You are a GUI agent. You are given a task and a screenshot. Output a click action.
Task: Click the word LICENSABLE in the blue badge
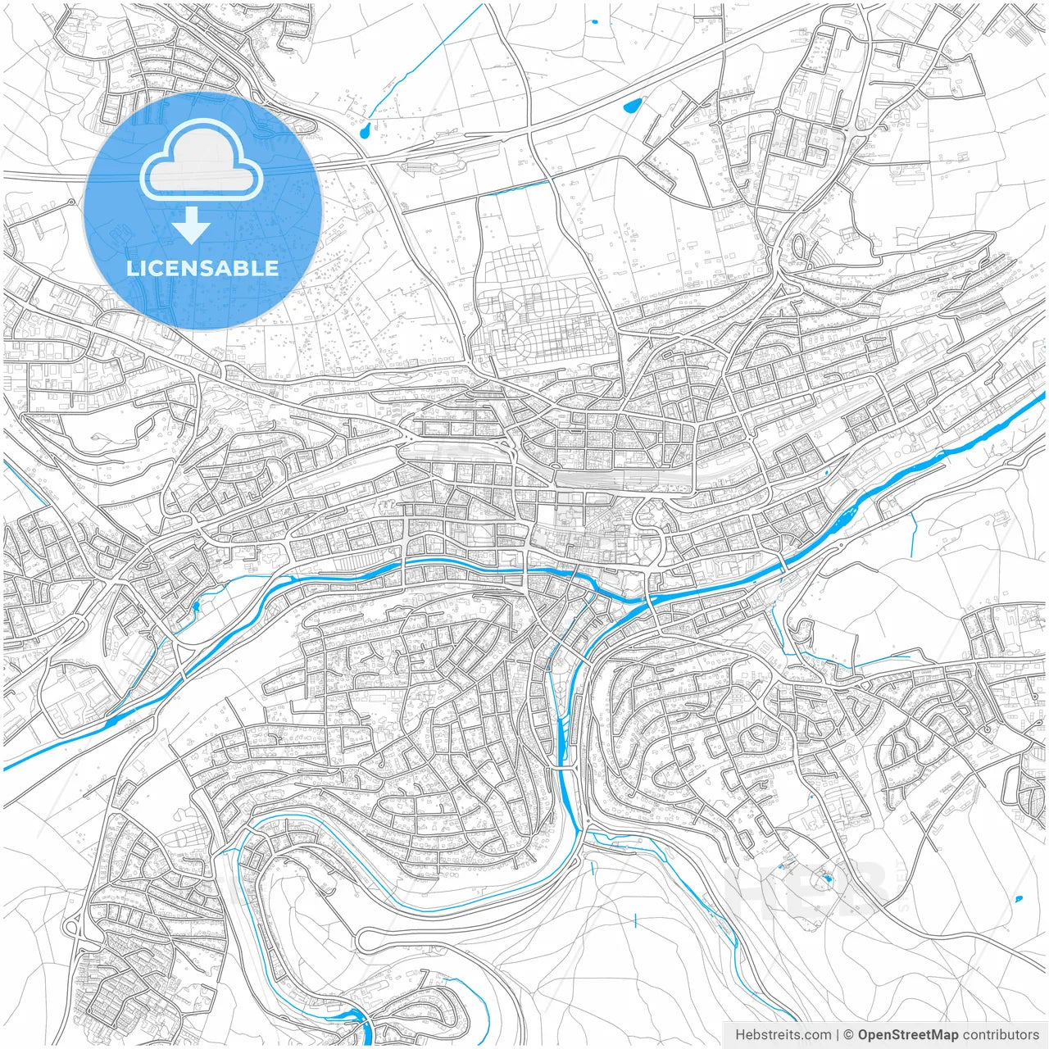202,268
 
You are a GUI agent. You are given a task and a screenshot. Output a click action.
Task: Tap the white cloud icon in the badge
202,161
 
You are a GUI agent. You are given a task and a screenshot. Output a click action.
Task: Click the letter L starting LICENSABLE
131,268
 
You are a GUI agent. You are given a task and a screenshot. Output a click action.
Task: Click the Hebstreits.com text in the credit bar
783,1034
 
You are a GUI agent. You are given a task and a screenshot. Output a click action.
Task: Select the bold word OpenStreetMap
908,1034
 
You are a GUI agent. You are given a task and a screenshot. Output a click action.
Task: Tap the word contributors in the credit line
1001,1034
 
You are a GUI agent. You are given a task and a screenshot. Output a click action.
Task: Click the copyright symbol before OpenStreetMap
849,1034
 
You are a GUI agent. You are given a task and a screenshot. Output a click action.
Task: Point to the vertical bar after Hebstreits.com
838,1034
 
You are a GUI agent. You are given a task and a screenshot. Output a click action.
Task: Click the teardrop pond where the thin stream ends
365,129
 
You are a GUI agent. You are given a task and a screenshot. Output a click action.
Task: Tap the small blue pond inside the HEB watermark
826,879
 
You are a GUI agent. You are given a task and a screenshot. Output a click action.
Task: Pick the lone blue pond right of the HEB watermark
1019,899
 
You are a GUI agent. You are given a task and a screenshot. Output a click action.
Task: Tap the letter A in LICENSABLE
229,268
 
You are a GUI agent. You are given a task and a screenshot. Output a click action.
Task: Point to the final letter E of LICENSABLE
270,268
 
